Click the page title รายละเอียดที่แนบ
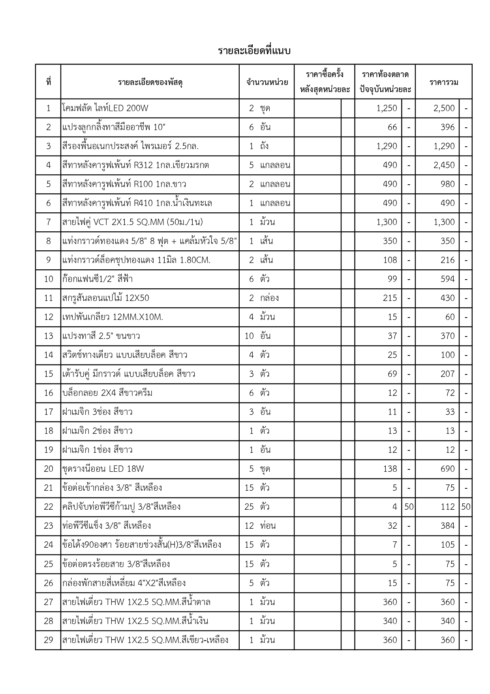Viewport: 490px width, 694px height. [x=254, y=51]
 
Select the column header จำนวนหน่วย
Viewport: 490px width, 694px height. [x=267, y=82]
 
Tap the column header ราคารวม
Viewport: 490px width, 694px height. [x=444, y=82]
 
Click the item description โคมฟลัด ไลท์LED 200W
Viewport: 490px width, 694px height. [x=105, y=108]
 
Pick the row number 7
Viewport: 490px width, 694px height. [x=49, y=222]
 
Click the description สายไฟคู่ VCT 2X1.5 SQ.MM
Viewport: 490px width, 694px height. [x=132, y=222]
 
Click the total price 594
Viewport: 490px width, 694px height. [x=447, y=279]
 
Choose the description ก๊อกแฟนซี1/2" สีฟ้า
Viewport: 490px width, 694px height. [x=97, y=279]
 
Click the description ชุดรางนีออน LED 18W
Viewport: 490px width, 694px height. [x=103, y=469]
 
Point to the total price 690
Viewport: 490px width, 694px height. [x=447, y=469]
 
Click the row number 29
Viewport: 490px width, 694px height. [x=49, y=640]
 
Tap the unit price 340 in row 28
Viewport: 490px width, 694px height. [x=390, y=621]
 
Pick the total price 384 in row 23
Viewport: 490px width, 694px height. [x=447, y=526]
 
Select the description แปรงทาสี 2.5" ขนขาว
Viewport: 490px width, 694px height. [x=101, y=336]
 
